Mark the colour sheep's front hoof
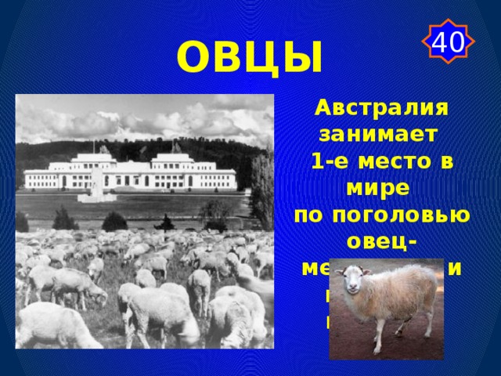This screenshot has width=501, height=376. [360, 350]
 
